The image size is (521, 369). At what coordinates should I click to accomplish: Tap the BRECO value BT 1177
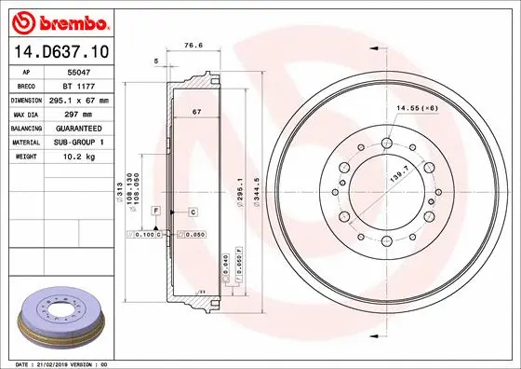(87, 85)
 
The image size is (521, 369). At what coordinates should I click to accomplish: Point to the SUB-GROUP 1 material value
(87, 142)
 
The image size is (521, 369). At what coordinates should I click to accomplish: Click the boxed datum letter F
(157, 212)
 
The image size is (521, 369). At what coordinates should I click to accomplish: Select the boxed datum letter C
(193, 212)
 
